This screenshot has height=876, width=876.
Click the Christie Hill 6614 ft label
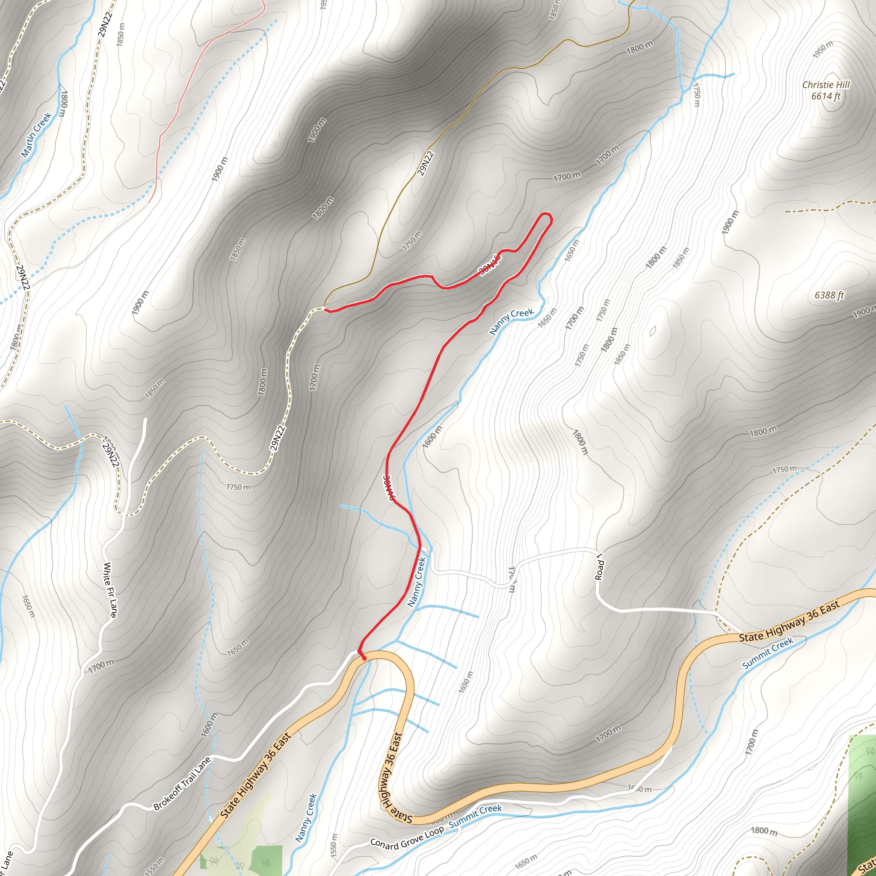coord(826,90)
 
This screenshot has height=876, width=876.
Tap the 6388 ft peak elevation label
coord(829,295)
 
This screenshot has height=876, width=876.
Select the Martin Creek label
coord(36,135)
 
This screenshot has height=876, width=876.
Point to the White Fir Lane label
coord(110,589)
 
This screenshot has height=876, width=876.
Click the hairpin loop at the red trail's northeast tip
coord(546,218)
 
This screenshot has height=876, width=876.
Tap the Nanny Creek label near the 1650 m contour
coord(512,322)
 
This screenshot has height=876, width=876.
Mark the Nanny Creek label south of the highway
coord(307,817)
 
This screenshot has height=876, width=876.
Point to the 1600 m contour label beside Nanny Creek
coord(432,437)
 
